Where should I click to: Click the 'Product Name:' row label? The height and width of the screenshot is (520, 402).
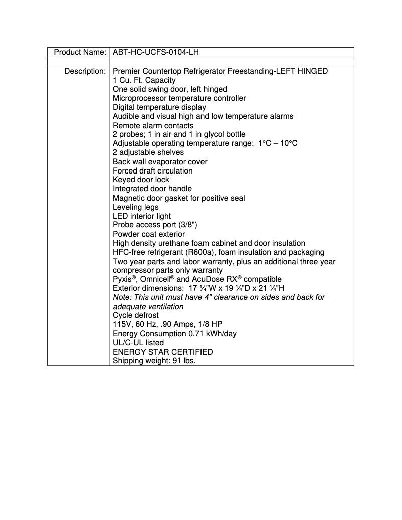[80, 52]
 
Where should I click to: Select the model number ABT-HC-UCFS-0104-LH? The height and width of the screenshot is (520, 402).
[158, 52]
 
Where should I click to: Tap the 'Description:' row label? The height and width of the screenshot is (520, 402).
[85, 71]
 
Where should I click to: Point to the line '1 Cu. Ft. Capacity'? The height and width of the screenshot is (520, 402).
[144, 80]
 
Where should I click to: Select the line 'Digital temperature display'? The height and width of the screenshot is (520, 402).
[159, 107]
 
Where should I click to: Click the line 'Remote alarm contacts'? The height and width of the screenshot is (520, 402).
[153, 125]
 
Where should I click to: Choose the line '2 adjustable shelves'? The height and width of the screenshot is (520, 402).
[148, 152]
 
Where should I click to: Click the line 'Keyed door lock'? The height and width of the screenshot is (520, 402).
[141, 180]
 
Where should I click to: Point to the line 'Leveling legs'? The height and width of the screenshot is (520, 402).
[135, 207]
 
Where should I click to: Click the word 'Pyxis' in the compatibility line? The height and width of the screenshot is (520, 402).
[122, 279]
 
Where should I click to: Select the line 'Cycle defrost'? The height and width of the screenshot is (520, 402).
[135, 315]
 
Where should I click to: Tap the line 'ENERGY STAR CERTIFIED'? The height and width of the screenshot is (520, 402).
[162, 352]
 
